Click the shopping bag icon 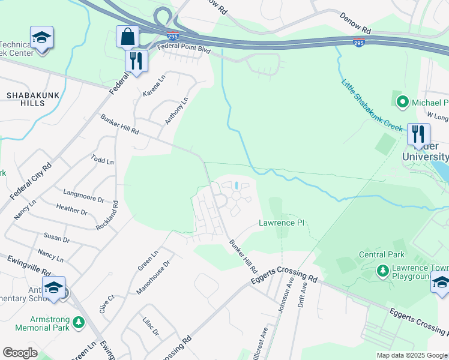(x=127, y=37)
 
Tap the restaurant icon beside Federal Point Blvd (x=136, y=61)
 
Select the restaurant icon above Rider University (x=418, y=134)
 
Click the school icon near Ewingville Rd (x=53, y=287)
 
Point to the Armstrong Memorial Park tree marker (x=79, y=323)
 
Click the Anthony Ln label (x=177, y=111)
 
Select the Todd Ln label (x=102, y=160)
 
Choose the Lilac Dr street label (x=151, y=328)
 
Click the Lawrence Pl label (x=282, y=223)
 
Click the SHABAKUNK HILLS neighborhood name (x=26, y=99)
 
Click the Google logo (x=20, y=353)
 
